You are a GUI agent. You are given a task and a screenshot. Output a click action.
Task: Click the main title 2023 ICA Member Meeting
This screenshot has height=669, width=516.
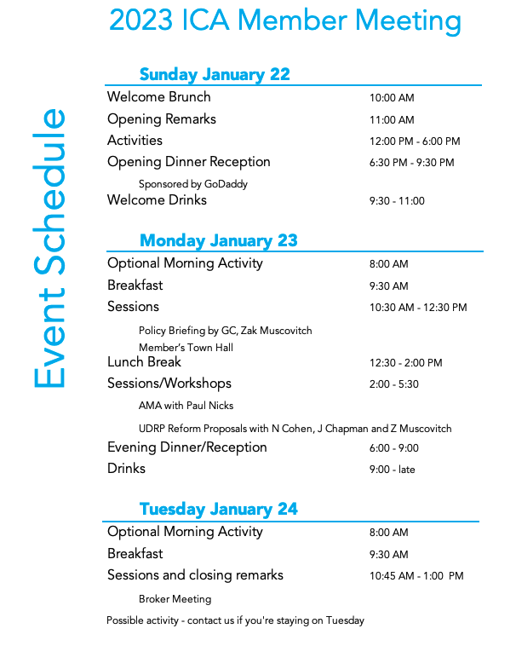(x=285, y=21)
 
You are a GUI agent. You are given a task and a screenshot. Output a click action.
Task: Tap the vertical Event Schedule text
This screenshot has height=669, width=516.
(x=50, y=248)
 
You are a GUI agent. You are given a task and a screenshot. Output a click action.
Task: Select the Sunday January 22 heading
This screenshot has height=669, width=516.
(x=215, y=74)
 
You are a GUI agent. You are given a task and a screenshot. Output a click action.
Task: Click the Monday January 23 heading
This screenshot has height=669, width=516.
(x=218, y=240)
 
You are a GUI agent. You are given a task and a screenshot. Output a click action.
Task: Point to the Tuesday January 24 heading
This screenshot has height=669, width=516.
(x=218, y=509)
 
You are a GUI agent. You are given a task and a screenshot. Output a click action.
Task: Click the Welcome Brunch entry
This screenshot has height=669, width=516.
(x=158, y=97)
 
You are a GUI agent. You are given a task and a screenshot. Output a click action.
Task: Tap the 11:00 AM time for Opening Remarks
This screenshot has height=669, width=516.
(x=392, y=120)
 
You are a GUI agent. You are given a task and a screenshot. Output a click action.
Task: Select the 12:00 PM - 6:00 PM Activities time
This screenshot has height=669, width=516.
(x=415, y=141)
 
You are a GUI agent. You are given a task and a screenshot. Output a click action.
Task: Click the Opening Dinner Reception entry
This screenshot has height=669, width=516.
(x=188, y=162)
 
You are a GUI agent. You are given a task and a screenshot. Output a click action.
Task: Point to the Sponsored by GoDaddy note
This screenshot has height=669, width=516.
(x=192, y=184)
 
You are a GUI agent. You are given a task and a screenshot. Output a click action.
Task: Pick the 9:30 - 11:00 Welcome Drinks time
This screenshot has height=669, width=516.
(x=397, y=201)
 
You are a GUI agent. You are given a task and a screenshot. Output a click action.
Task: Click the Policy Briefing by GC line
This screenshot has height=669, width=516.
(x=225, y=331)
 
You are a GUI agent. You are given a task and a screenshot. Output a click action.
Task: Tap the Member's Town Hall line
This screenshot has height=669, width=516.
(x=186, y=348)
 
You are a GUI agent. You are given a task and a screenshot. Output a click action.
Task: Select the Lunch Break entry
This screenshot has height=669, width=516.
(x=144, y=362)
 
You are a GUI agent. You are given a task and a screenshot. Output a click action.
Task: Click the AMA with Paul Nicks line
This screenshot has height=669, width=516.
(x=186, y=406)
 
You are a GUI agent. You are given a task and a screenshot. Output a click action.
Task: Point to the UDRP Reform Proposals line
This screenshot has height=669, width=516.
(x=295, y=429)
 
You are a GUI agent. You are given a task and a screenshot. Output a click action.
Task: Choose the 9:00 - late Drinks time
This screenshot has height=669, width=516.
(x=392, y=470)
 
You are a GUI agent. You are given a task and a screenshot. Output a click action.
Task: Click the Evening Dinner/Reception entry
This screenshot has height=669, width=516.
(x=186, y=447)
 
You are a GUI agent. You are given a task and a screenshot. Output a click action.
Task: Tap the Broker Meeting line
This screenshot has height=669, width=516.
(x=175, y=599)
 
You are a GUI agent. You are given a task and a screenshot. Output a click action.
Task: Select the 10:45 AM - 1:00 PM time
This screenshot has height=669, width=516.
(x=416, y=576)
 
